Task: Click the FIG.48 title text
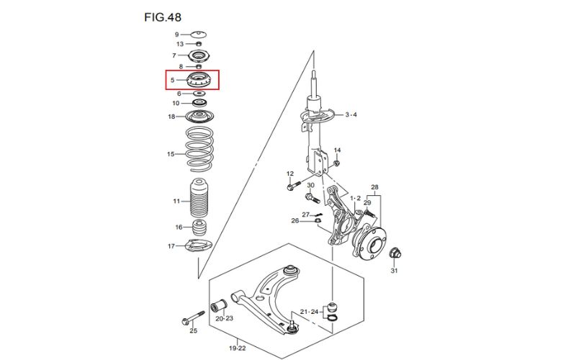point(163,17)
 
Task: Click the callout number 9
point(176,35)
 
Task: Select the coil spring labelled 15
point(199,149)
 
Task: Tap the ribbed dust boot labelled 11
point(199,199)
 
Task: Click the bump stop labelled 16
point(199,228)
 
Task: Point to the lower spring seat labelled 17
point(199,246)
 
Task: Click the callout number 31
point(394,271)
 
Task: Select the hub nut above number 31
point(395,253)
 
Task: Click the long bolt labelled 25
point(194,318)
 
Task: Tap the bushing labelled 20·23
point(219,305)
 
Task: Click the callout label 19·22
point(237,348)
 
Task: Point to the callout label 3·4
point(351,114)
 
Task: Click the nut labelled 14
point(336,163)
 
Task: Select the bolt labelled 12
point(294,185)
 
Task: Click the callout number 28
point(374,187)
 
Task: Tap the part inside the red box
point(199,80)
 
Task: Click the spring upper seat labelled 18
point(199,117)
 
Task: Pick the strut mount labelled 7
point(199,56)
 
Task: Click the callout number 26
point(295,221)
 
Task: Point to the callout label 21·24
point(309,312)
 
